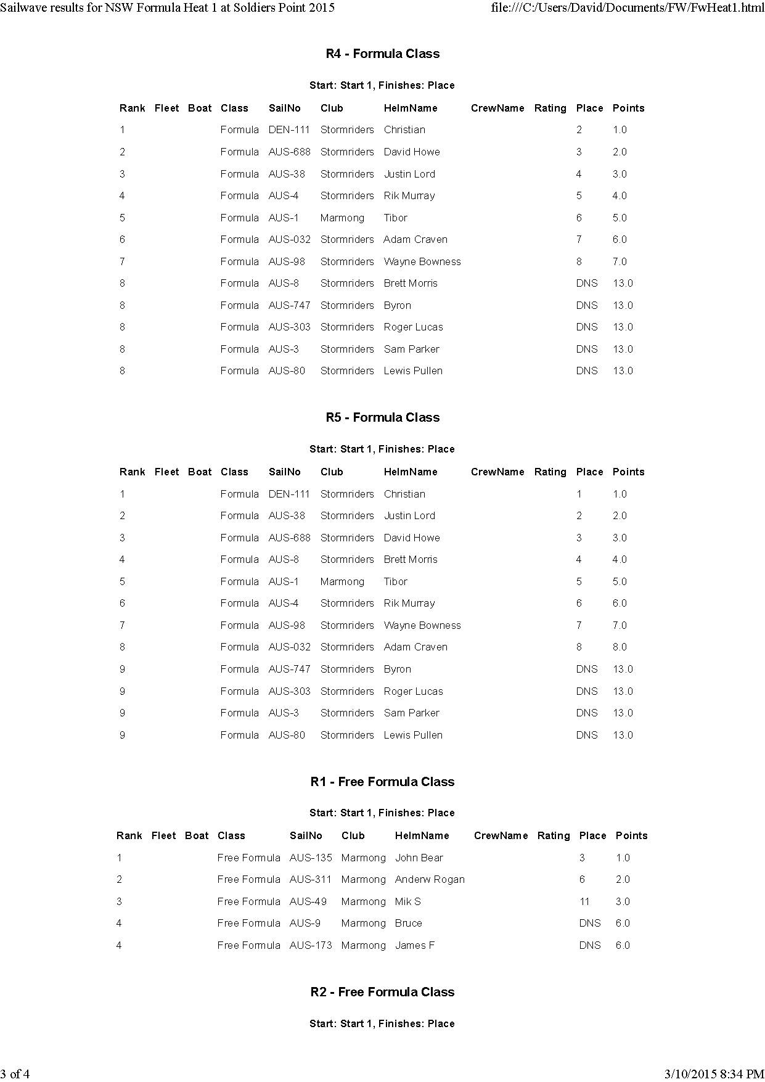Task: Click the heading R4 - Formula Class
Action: click(x=382, y=54)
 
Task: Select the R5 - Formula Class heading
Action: click(x=382, y=417)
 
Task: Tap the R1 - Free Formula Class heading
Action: click(x=382, y=782)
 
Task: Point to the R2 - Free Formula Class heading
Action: click(x=382, y=992)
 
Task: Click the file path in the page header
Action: click(x=627, y=8)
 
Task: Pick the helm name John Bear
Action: click(x=419, y=858)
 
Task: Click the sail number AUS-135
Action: click(x=311, y=858)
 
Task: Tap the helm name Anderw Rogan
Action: click(x=430, y=879)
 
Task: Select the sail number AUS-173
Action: click(x=311, y=945)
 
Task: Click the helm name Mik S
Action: click(x=407, y=901)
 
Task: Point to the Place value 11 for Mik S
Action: click(x=584, y=901)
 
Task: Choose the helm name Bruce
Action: click(x=408, y=923)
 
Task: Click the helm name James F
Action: click(x=414, y=945)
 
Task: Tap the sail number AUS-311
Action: click(x=310, y=879)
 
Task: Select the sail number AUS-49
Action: click(x=308, y=901)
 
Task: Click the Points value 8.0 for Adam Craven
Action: click(x=620, y=647)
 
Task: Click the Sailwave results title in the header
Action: click(x=168, y=8)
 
